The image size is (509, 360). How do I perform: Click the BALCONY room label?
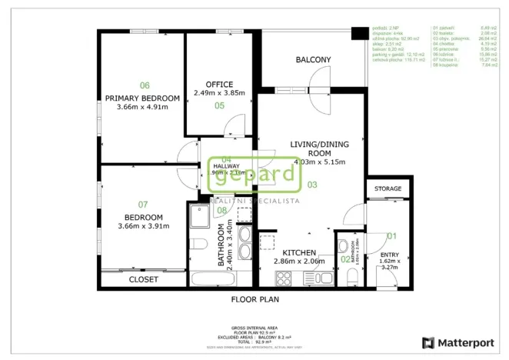click(313, 60)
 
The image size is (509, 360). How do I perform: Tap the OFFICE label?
click(219, 84)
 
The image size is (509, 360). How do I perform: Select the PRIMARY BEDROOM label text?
click(142, 98)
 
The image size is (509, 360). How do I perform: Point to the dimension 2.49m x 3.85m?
click(219, 93)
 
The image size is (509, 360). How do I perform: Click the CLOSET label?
click(143, 279)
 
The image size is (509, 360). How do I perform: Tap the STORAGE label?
click(388, 188)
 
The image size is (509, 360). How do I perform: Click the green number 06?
click(144, 85)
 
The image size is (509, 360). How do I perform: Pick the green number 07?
click(143, 205)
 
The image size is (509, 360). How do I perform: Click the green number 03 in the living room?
click(312, 185)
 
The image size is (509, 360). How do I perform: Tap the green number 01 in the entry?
click(391, 236)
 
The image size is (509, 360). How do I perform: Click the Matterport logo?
click(460, 342)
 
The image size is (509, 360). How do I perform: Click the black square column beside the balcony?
click(358, 33)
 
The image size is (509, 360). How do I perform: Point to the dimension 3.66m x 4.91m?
click(142, 107)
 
